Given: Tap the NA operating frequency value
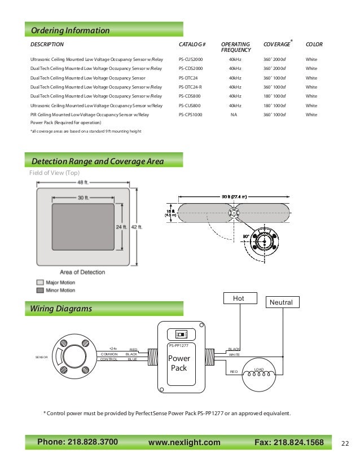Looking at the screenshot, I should point(234,115).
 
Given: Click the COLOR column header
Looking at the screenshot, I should point(314,44).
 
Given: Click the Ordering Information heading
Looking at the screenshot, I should point(71,30).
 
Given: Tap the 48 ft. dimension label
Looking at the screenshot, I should point(84,182).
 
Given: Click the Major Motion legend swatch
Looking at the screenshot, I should point(39,282).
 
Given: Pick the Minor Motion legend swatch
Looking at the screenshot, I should point(39,290).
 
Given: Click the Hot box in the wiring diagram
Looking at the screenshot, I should point(240,298).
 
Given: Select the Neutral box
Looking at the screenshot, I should point(282,302).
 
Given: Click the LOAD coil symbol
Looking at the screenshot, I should point(260,375).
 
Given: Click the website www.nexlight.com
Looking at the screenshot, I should point(184,443).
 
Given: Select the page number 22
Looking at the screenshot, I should point(346,443).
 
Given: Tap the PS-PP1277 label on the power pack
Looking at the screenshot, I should point(178,345).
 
